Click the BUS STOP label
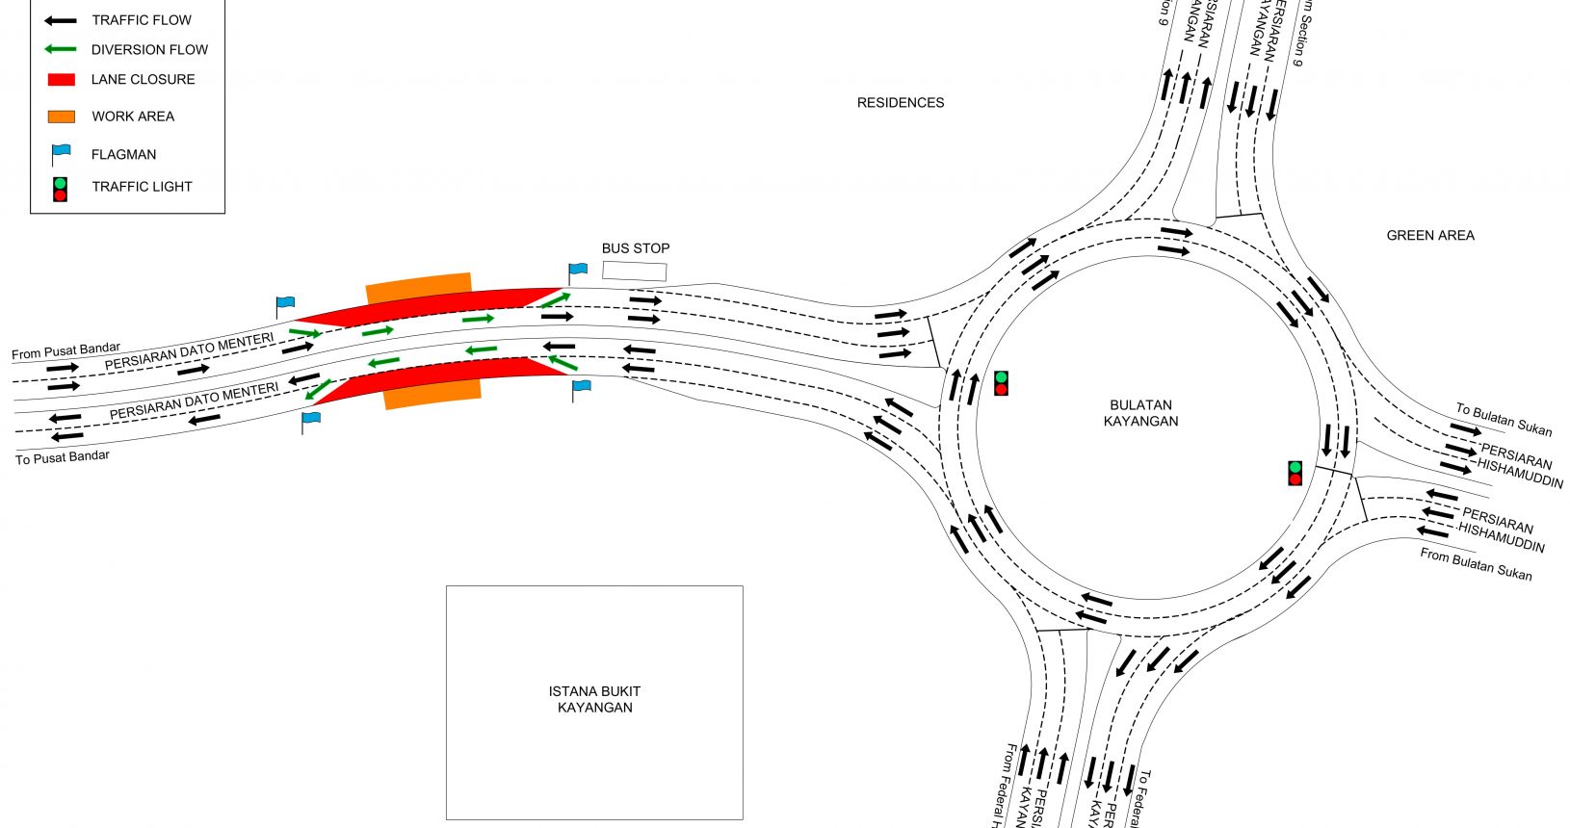pyautogui.click(x=635, y=248)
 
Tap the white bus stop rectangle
pyautogui.click(x=634, y=271)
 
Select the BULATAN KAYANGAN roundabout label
pyautogui.click(x=1140, y=413)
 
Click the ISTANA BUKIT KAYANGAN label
pyautogui.click(x=594, y=699)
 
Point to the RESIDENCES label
pyautogui.click(x=901, y=103)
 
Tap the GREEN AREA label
pyautogui.click(x=1429, y=236)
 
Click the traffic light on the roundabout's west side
pyautogui.click(x=1001, y=383)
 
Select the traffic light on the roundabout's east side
pyautogui.click(x=1295, y=473)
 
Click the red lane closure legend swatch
pyautogui.click(x=61, y=80)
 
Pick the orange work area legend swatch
pyautogui.click(x=61, y=116)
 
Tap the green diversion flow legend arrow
pyautogui.click(x=61, y=50)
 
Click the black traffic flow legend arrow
pyautogui.click(x=61, y=20)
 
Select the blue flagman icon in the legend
pyautogui.click(x=61, y=153)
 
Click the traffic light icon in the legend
pyautogui.click(x=60, y=189)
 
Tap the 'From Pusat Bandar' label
pyautogui.click(x=65, y=351)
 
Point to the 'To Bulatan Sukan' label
pyautogui.click(x=1503, y=419)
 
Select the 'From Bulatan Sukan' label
pyautogui.click(x=1475, y=564)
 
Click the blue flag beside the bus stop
pyautogui.click(x=576, y=271)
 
